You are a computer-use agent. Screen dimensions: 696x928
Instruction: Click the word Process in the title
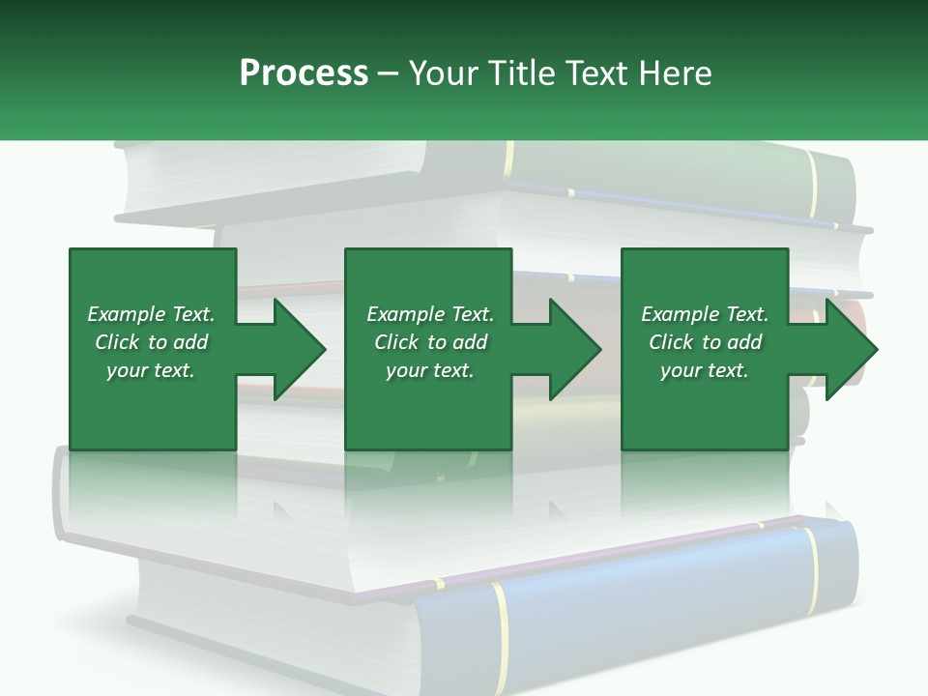pyautogui.click(x=304, y=73)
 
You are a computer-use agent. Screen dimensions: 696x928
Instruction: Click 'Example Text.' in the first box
pyautogui.click(x=151, y=314)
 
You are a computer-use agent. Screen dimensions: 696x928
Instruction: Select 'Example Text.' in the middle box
pyautogui.click(x=429, y=314)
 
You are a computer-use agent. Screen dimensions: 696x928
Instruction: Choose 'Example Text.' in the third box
pyautogui.click(x=705, y=314)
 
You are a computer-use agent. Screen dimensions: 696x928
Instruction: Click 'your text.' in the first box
pyautogui.click(x=151, y=370)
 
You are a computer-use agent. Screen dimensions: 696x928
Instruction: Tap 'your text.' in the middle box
pyautogui.click(x=429, y=370)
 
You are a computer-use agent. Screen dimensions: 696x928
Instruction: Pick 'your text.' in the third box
pyautogui.click(x=705, y=370)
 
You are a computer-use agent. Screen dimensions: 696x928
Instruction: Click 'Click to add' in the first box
pyautogui.click(x=151, y=342)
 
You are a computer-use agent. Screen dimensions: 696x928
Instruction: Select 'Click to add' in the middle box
pyautogui.click(x=429, y=342)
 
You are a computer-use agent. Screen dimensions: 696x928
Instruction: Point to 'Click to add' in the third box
pyautogui.click(x=705, y=342)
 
